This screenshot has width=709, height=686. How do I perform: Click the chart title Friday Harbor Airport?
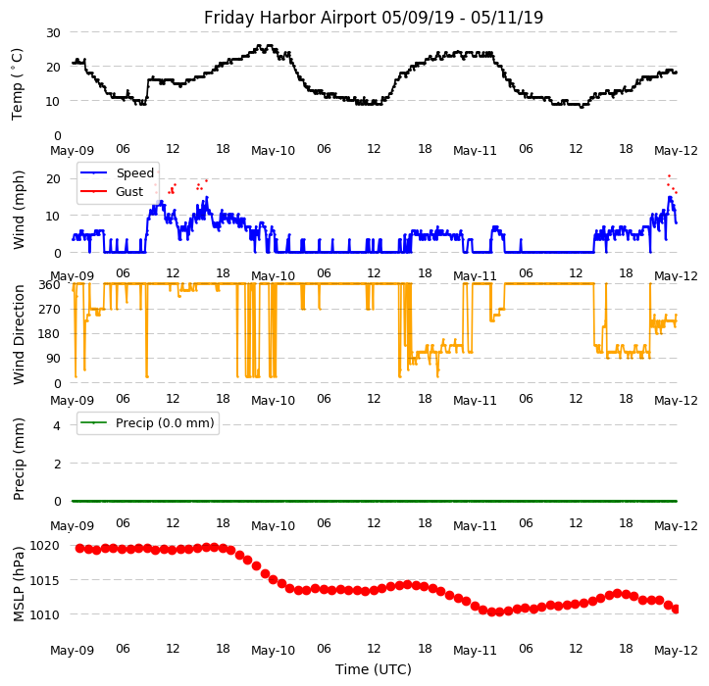374,18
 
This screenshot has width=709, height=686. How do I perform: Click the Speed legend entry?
134,172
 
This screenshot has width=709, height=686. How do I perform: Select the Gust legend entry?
128,191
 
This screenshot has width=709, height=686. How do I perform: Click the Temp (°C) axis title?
18,83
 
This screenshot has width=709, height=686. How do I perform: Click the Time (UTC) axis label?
374,669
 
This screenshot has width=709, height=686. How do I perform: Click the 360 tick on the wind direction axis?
49,284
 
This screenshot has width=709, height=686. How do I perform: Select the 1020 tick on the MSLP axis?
44,545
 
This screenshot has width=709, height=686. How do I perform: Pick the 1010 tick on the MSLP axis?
44,614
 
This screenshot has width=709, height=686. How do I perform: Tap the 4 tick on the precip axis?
57,425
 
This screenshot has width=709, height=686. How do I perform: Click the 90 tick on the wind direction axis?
53,359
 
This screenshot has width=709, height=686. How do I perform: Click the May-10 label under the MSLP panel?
274,651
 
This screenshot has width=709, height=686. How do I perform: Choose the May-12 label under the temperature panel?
677,151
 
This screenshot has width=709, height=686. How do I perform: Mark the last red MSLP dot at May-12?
676,609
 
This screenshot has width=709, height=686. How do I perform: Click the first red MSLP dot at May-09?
79,548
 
